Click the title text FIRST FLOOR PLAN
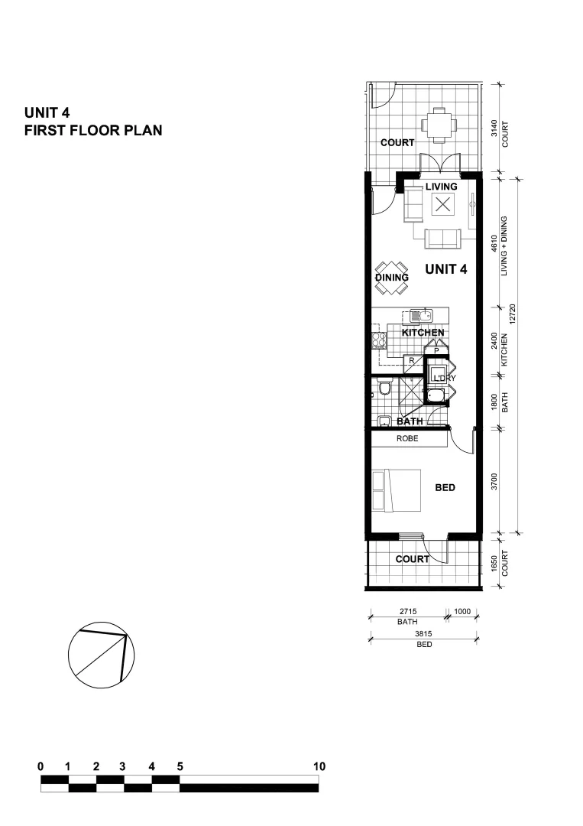[x=93, y=131]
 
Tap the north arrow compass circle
[x=102, y=657]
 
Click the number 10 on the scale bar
[x=319, y=766]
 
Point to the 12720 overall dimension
[x=513, y=314]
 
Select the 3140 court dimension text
[x=495, y=128]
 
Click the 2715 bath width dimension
[x=407, y=612]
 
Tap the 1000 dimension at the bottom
[x=463, y=612]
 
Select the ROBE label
[x=407, y=439]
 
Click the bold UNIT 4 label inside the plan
[x=446, y=268]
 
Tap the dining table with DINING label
[x=391, y=278]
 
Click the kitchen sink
[x=420, y=315]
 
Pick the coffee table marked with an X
[x=442, y=204]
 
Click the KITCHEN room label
[x=423, y=333]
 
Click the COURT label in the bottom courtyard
[x=412, y=559]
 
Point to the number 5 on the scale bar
[x=180, y=766]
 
